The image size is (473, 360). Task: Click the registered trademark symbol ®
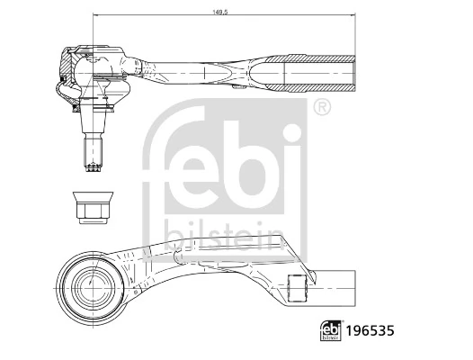pyautogui.click(x=322, y=107)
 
